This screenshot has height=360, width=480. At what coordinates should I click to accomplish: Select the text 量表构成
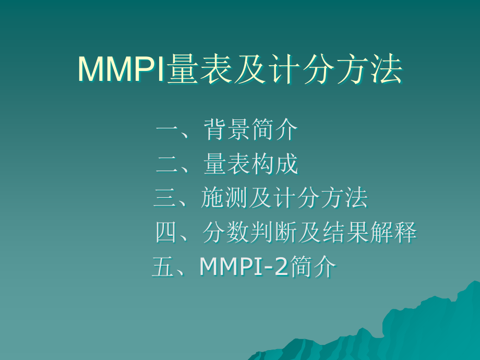pos(251,164)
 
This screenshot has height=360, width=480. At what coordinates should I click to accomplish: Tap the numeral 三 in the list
pos(165,199)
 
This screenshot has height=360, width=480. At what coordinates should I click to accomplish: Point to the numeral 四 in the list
pos(167,233)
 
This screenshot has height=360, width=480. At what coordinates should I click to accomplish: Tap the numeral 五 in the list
pos(164,267)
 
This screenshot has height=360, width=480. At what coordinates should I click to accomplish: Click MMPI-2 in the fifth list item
pos(244,267)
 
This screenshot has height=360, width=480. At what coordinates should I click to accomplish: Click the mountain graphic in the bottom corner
pos(417,329)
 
